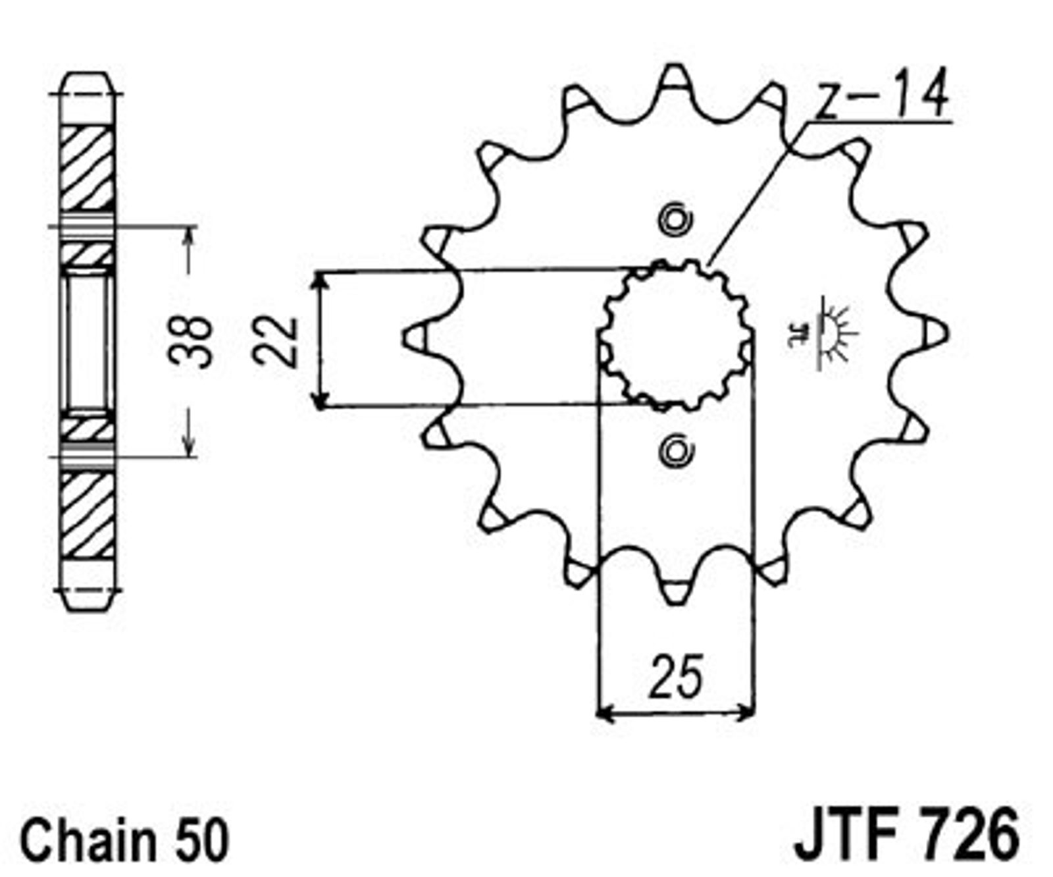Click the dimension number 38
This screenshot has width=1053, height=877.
191,341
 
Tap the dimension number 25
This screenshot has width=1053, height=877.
676,677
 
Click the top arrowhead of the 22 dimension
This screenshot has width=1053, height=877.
320,279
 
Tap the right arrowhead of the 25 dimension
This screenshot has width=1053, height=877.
746,712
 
